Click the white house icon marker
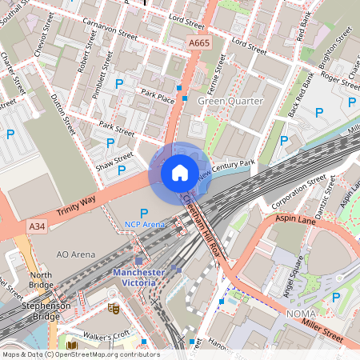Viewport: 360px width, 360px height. coord(180,173)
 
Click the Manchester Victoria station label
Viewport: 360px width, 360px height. coord(138,277)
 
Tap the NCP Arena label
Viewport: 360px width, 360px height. coord(144,225)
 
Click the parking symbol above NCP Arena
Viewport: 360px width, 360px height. coord(144,213)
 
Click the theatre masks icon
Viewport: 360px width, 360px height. coord(114,307)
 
